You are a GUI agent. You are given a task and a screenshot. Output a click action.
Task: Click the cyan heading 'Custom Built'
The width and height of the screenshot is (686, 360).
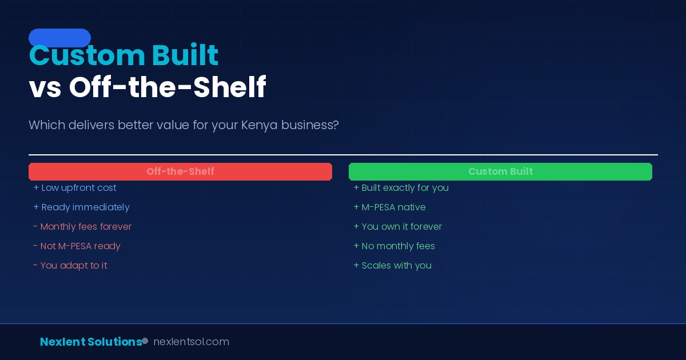[x=123, y=56]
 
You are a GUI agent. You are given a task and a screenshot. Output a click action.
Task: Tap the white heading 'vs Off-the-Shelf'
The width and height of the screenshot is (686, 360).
[x=147, y=87]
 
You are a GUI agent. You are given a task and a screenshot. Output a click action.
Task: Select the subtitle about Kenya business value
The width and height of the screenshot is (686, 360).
[x=184, y=125]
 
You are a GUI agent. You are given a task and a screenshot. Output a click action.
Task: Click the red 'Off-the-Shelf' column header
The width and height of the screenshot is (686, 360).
[x=180, y=171]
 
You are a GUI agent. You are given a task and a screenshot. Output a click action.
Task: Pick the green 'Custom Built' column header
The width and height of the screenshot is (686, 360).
[x=500, y=171]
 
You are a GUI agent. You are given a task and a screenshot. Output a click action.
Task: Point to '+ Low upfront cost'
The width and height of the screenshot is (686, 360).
[x=75, y=188]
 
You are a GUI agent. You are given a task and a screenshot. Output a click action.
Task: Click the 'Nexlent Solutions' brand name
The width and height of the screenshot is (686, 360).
[x=91, y=342]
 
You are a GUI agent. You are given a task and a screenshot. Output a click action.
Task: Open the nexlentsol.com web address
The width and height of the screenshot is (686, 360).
[x=191, y=342]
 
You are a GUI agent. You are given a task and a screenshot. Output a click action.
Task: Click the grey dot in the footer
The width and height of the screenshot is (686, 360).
[x=145, y=341]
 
